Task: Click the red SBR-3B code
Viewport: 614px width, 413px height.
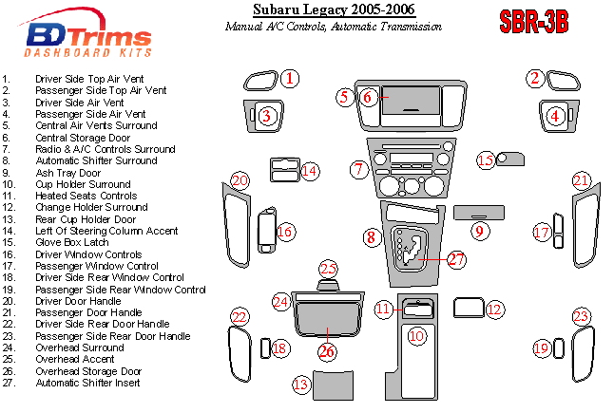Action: point(533,22)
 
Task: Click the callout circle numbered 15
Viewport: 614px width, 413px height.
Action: point(486,160)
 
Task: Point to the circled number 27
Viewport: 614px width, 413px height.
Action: point(457,258)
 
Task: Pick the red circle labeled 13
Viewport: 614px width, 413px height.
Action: point(301,384)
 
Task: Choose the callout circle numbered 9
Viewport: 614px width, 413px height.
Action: point(480,231)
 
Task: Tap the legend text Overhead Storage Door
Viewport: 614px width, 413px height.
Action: point(88,371)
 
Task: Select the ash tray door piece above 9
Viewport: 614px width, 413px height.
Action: point(472,210)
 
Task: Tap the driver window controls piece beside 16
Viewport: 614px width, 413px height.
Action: point(264,233)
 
